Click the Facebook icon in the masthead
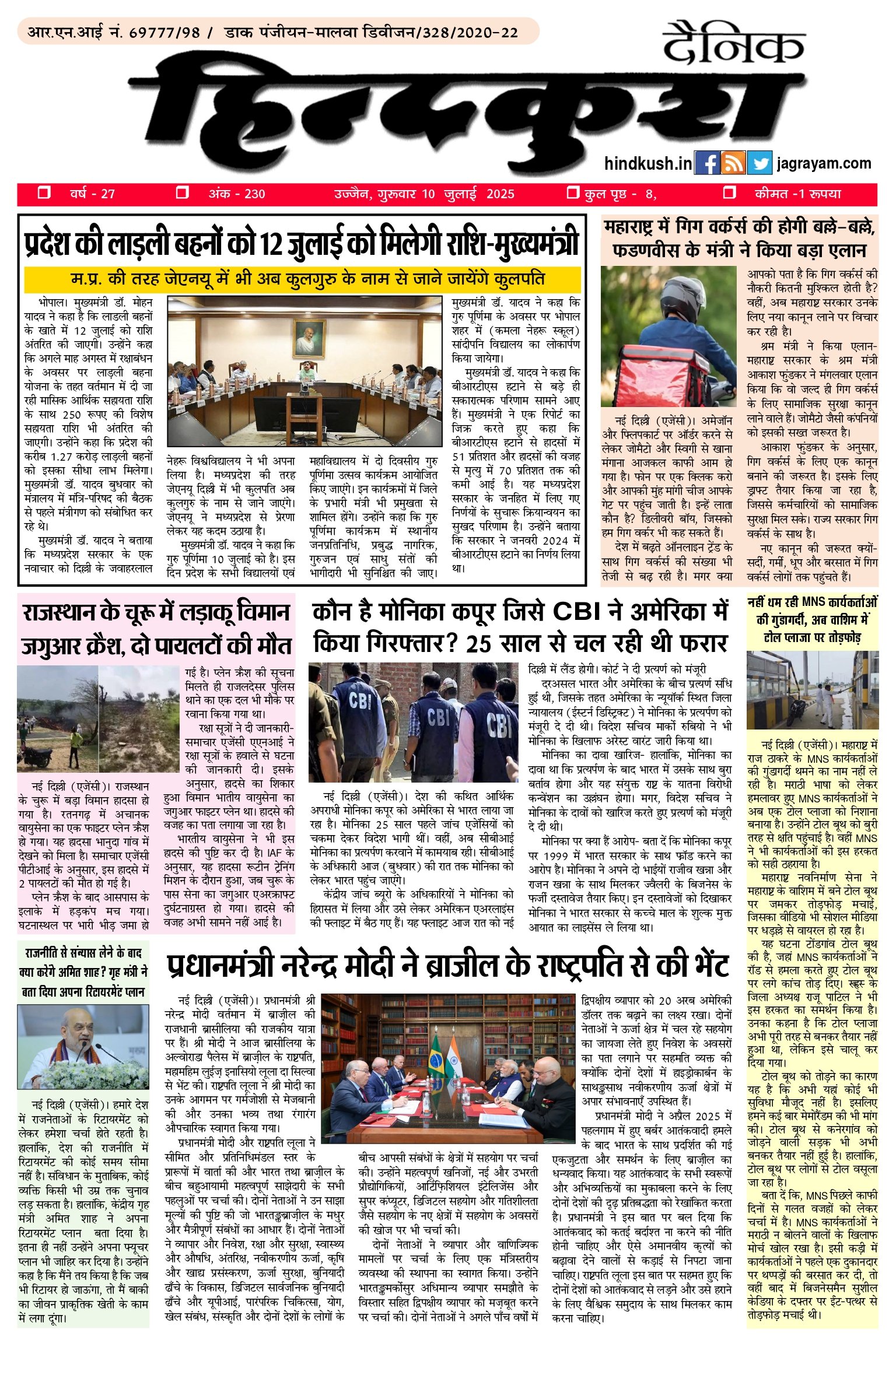707,164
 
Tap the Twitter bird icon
759,164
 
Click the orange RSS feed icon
733,164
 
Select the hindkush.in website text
648,164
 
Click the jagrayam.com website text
824,164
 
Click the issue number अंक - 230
237,194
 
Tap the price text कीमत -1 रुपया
797,194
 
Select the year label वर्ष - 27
92,194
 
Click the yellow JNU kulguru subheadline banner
302,279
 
